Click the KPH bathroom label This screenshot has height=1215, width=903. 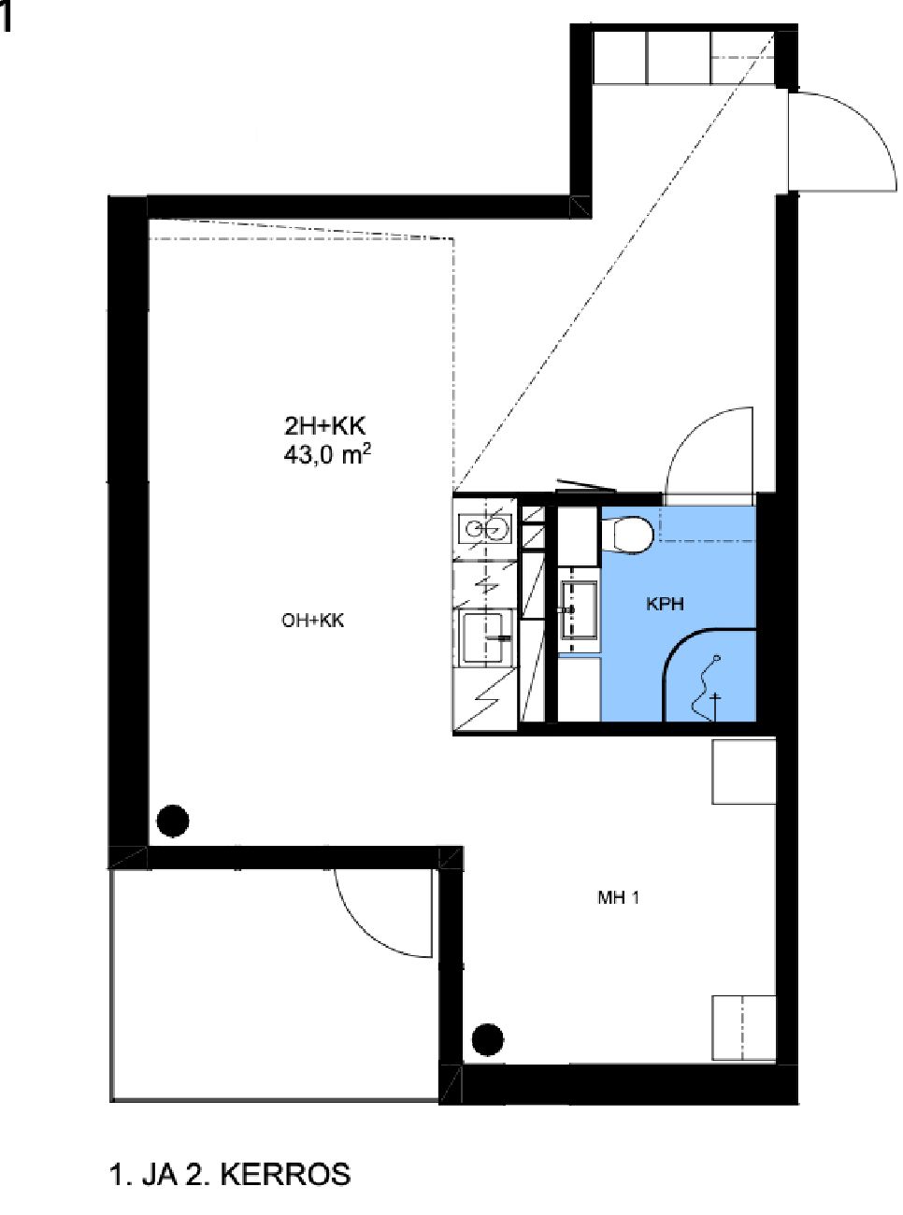coord(666,605)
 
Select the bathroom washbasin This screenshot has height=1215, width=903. coord(580,610)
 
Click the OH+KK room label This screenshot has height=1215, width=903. coord(313,621)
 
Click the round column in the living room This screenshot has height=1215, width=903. coord(173,821)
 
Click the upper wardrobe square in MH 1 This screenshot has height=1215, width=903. coord(743,771)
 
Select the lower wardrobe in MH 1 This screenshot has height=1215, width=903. coord(743,1027)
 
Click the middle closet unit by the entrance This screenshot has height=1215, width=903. coord(679,58)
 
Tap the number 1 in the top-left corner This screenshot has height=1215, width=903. coord(6,19)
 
